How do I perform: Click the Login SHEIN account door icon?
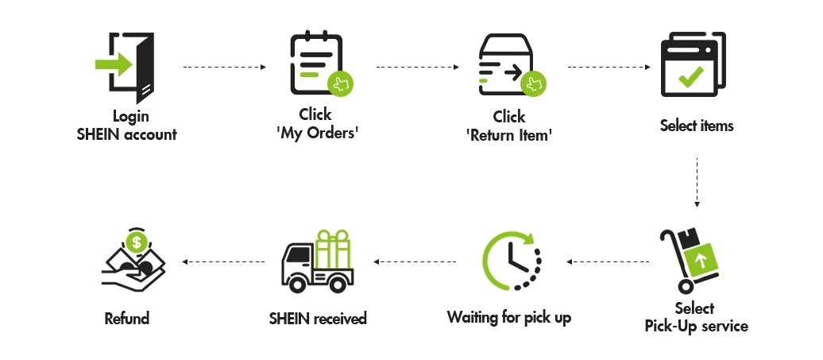[x=127, y=67]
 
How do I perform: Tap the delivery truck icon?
[x=318, y=262]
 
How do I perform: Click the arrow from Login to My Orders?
[x=224, y=68]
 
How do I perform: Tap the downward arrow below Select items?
[x=697, y=182]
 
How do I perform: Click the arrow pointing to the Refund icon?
[x=223, y=261]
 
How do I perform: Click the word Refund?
[x=127, y=319]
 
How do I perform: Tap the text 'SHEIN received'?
[x=318, y=319]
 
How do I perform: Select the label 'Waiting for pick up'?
[x=508, y=318]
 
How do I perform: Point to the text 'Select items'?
[x=697, y=126]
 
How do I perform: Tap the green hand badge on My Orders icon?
[x=341, y=83]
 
